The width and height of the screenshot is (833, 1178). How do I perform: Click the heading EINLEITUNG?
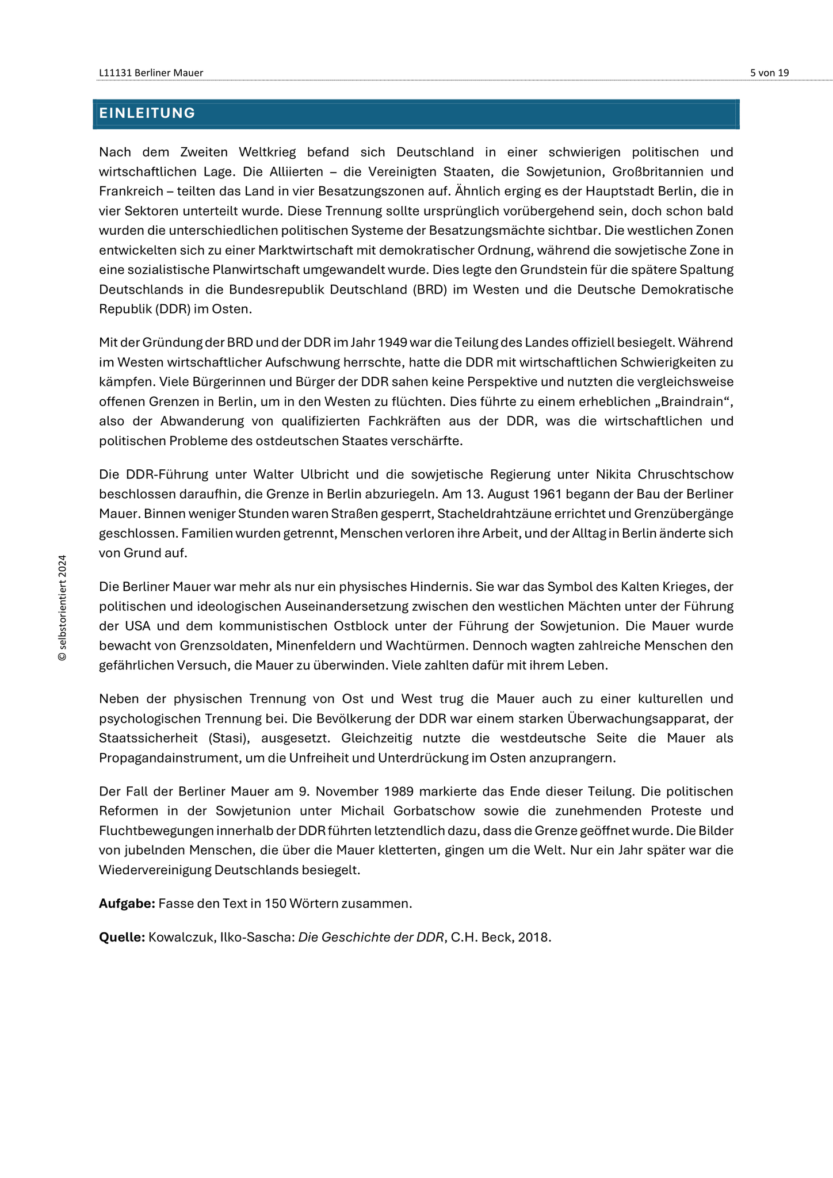(x=147, y=113)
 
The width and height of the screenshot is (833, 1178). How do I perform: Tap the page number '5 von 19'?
(x=769, y=73)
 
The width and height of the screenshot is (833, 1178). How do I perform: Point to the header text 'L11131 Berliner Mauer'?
(x=151, y=73)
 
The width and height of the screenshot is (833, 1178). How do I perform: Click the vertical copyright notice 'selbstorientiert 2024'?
(x=63, y=607)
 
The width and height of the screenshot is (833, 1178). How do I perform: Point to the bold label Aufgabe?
(x=127, y=904)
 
